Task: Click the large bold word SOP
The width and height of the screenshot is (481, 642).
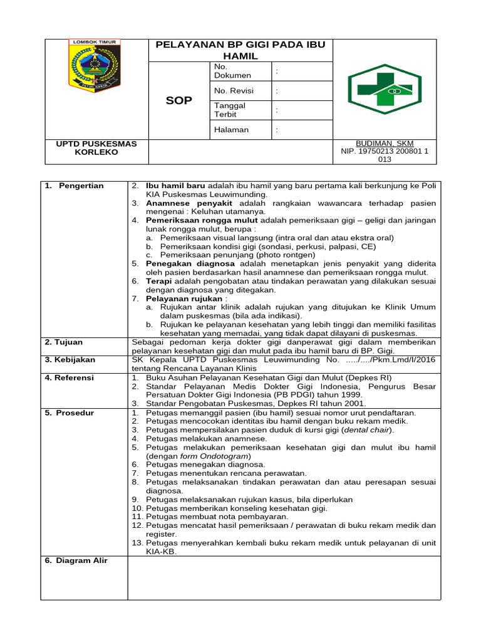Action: [x=178, y=100]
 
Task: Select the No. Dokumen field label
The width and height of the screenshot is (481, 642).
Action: [x=232, y=71]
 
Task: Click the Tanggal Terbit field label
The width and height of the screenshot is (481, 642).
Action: [x=230, y=110]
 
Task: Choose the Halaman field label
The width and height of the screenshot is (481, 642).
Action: [x=231, y=130]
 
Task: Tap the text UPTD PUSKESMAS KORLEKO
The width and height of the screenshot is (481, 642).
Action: [x=96, y=148]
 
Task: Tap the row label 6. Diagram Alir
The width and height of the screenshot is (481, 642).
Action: [x=76, y=560]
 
